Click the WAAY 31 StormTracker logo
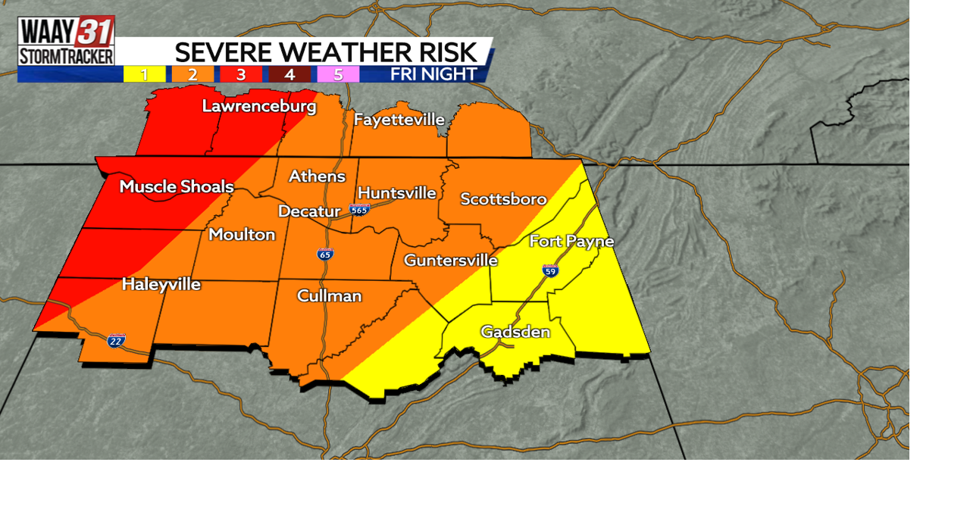point(67,41)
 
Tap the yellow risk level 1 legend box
point(144,74)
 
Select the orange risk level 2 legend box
point(192,74)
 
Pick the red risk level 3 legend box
point(241,74)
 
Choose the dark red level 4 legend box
point(289,74)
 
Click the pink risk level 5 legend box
point(338,74)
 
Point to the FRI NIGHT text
point(433,74)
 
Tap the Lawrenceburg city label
point(258,106)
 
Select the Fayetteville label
point(399,120)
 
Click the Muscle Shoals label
point(177,186)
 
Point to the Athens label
point(317,176)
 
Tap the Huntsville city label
point(396,192)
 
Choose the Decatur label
point(309,211)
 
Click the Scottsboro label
point(503,199)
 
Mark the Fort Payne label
point(571,241)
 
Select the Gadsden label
point(515,332)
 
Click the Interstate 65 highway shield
point(325,254)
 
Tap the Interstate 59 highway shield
point(551,270)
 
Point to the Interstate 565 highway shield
point(359,209)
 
